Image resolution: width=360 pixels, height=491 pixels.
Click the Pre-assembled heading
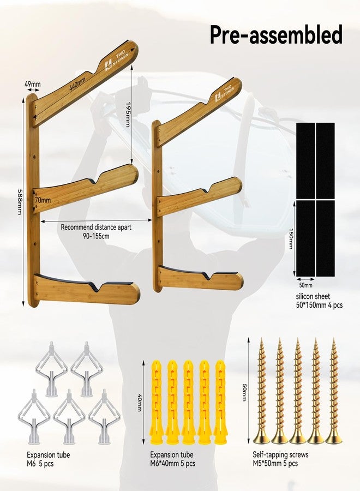click(x=276, y=35)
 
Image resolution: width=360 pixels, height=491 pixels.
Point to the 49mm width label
click(x=33, y=84)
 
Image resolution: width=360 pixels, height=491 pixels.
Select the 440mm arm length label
click(x=77, y=84)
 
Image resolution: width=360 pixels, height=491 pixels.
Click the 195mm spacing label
click(x=128, y=115)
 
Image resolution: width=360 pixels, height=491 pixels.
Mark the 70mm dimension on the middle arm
click(x=43, y=200)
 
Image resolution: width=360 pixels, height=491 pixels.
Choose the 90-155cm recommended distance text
click(x=96, y=236)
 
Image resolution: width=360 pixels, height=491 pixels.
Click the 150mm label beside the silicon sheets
click(x=291, y=238)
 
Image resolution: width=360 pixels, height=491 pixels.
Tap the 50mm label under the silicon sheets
click(x=305, y=285)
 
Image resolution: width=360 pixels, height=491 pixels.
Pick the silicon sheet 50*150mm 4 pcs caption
click(x=319, y=301)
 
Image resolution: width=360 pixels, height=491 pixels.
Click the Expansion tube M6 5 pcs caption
click(x=48, y=459)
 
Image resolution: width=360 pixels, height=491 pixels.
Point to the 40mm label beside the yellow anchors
click(x=139, y=402)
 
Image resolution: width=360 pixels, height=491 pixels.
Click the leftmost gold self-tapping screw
click(x=261, y=391)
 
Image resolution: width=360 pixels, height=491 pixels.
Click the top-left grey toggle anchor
click(x=52, y=369)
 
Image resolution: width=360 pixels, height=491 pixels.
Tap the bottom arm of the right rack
click(x=200, y=278)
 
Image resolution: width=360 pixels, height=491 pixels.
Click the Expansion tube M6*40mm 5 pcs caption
click(x=172, y=459)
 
